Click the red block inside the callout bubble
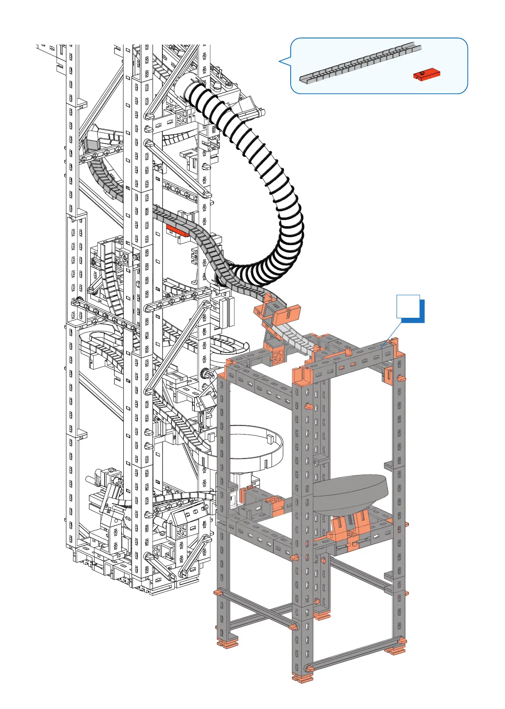point(427,74)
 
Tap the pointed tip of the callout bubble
point(280,62)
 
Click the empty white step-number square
point(408,306)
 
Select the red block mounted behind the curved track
point(177,230)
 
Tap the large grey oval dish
point(350,493)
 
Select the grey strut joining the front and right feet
point(355,656)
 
